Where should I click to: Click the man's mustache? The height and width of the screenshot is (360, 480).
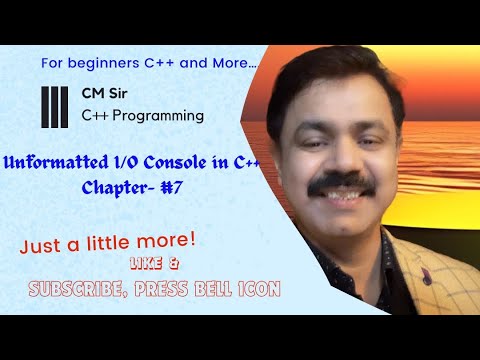(341, 187)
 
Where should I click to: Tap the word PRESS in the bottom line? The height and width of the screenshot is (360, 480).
(170, 289)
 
